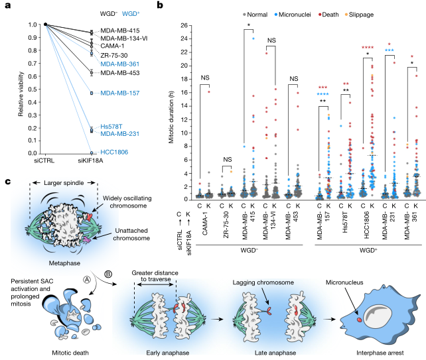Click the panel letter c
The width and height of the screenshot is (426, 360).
7,181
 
